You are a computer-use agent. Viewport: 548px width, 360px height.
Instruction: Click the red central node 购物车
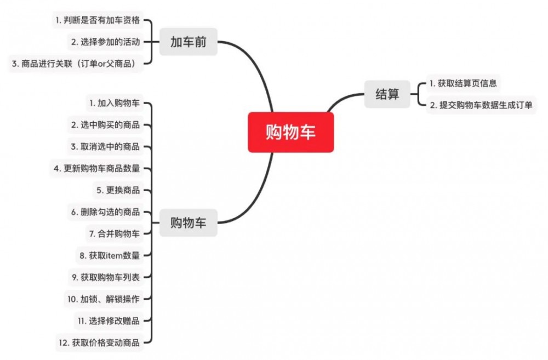[x=290, y=132]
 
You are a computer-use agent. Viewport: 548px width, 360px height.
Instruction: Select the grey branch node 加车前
[x=188, y=42]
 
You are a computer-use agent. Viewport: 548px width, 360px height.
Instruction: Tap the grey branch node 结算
[x=387, y=94]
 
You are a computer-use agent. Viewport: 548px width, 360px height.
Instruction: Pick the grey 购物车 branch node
[x=188, y=222]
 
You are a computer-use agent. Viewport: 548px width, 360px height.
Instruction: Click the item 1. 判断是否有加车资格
[x=97, y=21]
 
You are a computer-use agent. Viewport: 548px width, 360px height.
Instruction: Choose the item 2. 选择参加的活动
[x=105, y=42]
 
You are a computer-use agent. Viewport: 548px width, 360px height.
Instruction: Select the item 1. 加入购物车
[x=114, y=102]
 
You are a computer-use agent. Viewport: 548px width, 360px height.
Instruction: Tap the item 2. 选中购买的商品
[x=105, y=124]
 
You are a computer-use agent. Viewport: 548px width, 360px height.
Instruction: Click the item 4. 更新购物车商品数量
[x=96, y=168]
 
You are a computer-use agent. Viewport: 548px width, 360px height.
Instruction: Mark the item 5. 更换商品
[x=118, y=190]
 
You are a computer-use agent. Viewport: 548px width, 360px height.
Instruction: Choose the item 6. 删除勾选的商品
[x=105, y=212]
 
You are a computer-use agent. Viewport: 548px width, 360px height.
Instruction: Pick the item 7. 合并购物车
[x=114, y=233]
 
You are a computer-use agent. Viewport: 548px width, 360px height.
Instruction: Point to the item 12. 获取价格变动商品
[x=99, y=343]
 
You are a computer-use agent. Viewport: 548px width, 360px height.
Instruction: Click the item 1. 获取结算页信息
[x=463, y=83]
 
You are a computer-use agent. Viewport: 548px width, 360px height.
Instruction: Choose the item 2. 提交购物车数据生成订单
[x=481, y=105]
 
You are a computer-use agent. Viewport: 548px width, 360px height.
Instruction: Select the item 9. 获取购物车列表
[x=105, y=277]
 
